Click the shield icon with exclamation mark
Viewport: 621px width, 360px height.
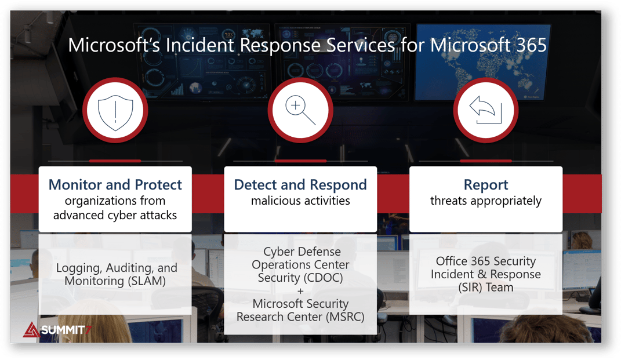115,111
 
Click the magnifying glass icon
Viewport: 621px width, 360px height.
300,111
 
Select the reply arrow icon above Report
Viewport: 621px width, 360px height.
485,111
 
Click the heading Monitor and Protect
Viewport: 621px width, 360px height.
115,185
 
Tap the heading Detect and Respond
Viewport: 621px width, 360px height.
300,185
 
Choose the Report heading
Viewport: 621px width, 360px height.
485,185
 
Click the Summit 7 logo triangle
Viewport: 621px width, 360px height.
31,330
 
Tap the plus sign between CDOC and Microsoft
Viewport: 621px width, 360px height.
300,291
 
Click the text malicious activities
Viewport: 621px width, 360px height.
300,201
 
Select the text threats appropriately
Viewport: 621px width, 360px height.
485,201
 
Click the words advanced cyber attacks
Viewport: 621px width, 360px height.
115,215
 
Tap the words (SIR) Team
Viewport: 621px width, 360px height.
485,287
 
